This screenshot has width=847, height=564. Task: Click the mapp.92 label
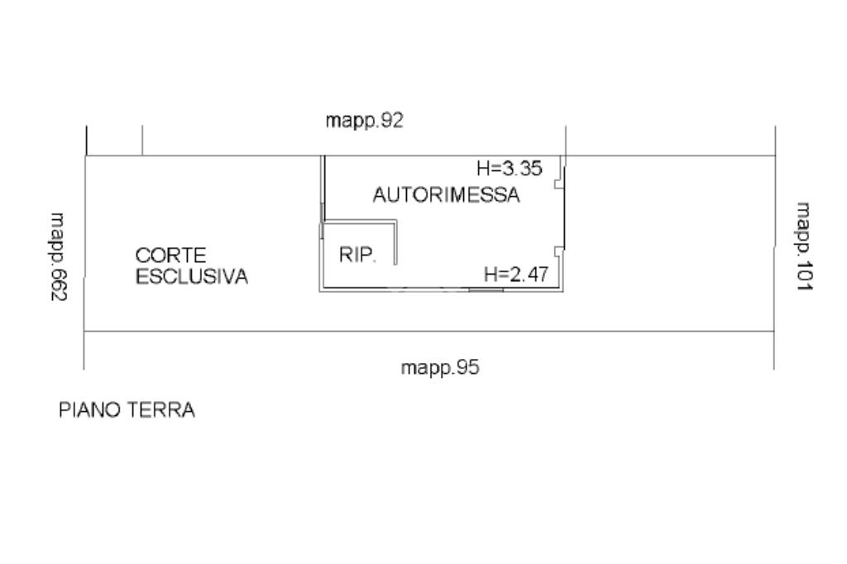364,121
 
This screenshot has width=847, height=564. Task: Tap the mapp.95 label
440,367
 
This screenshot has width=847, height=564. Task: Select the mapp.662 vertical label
59,256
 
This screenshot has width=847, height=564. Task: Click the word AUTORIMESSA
446,196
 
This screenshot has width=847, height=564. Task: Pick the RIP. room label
358,256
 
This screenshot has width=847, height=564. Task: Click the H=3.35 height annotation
509,169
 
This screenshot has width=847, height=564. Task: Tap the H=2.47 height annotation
516,275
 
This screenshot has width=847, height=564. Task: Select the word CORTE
171,256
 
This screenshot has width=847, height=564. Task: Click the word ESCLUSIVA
192,277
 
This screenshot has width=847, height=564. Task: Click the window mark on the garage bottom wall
486,289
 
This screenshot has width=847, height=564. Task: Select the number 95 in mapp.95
467,367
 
